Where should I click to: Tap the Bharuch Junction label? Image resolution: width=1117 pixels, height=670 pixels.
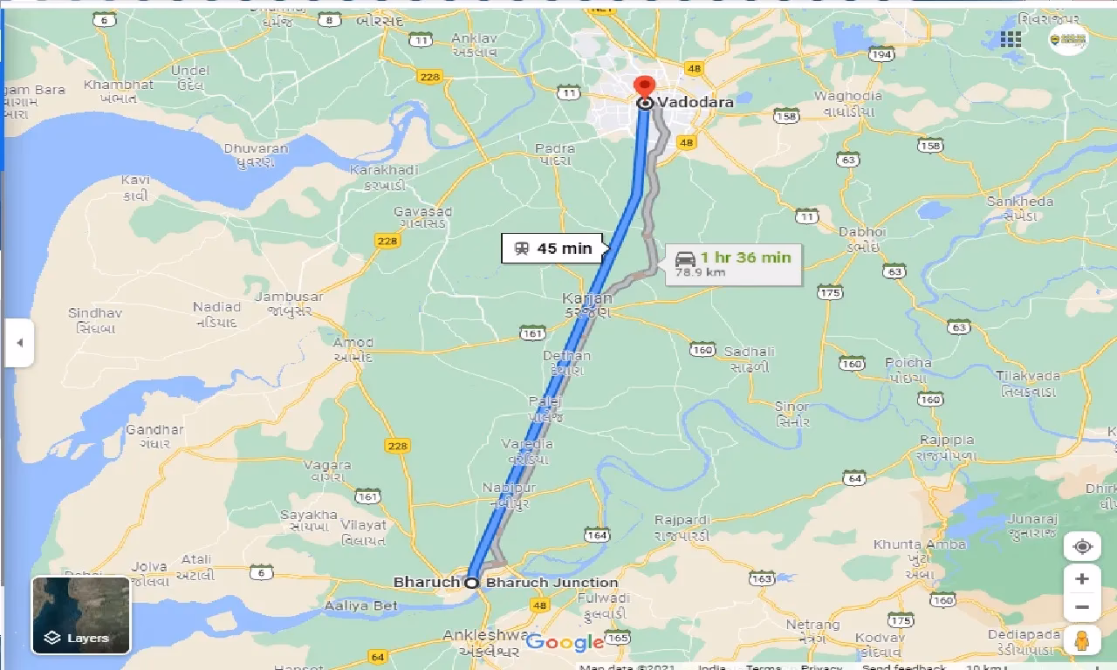coord(552,583)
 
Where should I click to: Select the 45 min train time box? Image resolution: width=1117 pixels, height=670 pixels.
coord(553,249)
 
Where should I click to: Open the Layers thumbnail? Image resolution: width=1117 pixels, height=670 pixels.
coord(80,615)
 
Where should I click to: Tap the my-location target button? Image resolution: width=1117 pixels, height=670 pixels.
coord(1082,547)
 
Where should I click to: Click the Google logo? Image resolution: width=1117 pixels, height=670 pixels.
coord(565,643)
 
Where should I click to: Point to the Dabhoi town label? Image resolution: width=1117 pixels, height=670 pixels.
coord(861,232)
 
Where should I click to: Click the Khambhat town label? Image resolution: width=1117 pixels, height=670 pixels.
coord(119,85)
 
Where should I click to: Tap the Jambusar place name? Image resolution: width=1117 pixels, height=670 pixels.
coord(288,297)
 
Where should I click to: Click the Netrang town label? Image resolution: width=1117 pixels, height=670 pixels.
coord(812,625)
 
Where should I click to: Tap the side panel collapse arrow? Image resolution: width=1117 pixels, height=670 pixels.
coord(19,342)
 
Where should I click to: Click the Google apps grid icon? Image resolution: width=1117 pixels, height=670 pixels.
coord(1011,38)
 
